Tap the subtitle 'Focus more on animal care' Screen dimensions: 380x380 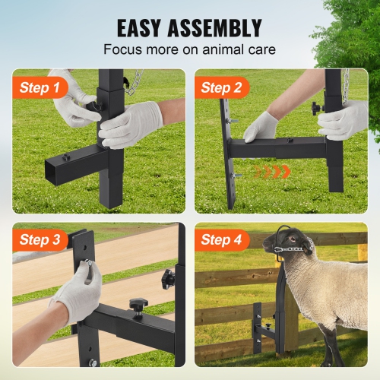pos(189,51)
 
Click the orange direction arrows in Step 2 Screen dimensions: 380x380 pos(273,173)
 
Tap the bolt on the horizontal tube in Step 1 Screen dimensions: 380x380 pos(66,157)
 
